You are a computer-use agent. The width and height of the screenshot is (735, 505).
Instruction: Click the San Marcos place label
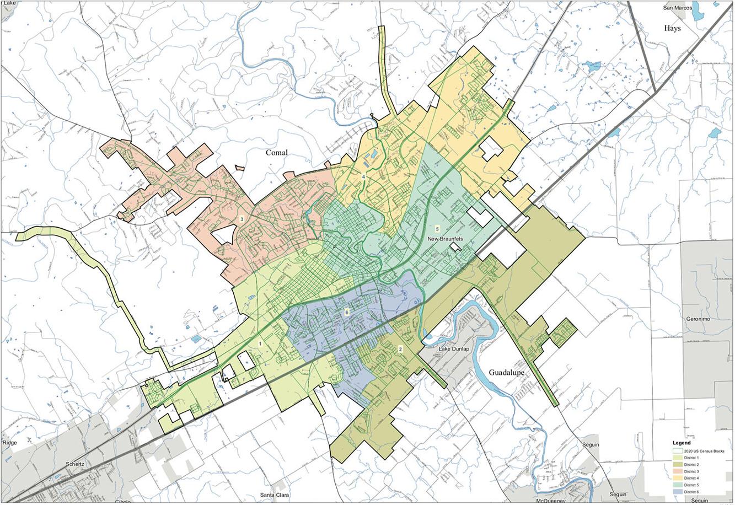(677, 8)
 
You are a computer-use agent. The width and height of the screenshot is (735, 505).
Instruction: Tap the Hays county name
(672, 28)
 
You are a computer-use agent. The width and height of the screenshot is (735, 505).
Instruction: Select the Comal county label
(277, 153)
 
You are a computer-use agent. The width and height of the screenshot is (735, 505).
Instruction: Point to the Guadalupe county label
(506, 373)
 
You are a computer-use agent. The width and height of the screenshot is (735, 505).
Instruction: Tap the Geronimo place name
(700, 319)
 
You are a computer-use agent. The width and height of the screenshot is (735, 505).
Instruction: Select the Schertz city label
(74, 464)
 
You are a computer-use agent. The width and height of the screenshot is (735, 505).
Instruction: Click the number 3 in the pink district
(242, 219)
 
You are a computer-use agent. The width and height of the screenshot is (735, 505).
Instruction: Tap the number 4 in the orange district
(363, 176)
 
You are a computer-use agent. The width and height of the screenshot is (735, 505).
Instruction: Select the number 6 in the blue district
(346, 312)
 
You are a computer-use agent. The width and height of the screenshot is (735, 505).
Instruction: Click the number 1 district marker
(260, 343)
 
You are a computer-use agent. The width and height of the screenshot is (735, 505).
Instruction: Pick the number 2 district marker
(400, 349)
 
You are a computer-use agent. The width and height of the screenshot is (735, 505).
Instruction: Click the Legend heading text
(682, 443)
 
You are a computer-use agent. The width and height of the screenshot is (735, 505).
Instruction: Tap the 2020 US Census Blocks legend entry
(705, 451)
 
